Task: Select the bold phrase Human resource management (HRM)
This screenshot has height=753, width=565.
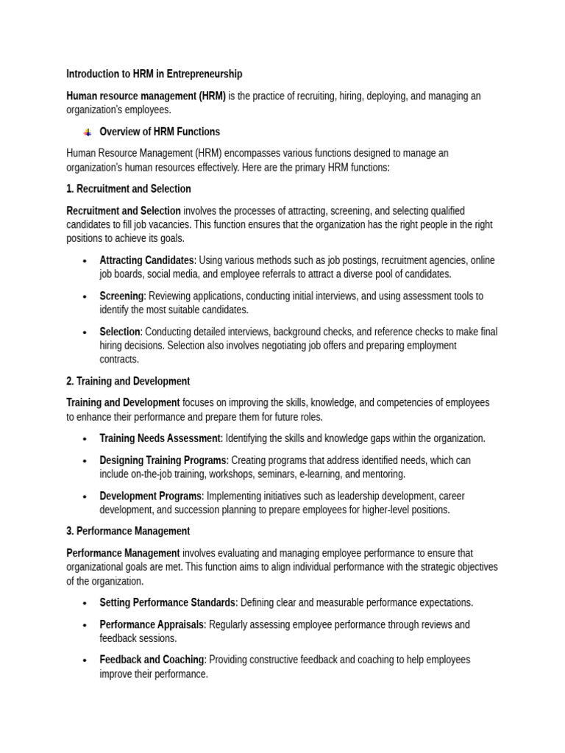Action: (146, 96)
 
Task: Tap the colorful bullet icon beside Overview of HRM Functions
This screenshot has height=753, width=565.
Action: (88, 132)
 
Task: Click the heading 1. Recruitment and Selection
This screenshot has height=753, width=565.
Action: (129, 189)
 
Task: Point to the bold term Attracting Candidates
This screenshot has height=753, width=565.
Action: (147, 260)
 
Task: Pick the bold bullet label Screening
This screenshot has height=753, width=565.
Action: (121, 296)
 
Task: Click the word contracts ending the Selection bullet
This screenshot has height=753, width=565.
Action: (119, 360)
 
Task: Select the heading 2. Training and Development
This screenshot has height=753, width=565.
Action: (128, 382)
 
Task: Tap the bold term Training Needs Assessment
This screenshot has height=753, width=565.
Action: (160, 438)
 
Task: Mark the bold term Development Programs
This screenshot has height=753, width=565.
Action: (150, 496)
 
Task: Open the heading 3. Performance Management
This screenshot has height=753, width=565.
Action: (128, 531)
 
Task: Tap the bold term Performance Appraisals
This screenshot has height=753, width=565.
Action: (153, 625)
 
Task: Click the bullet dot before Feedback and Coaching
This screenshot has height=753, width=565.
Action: (85, 660)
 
